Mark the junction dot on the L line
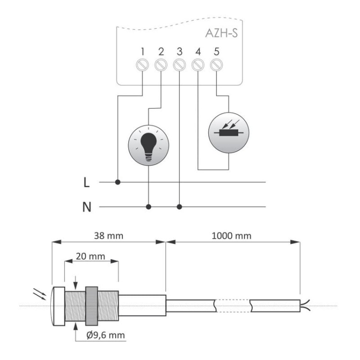coord(118,182)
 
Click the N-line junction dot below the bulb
coord(148,207)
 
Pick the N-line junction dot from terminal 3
coord(179,207)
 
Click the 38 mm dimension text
coord(108,236)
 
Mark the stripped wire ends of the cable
coord(304,304)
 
